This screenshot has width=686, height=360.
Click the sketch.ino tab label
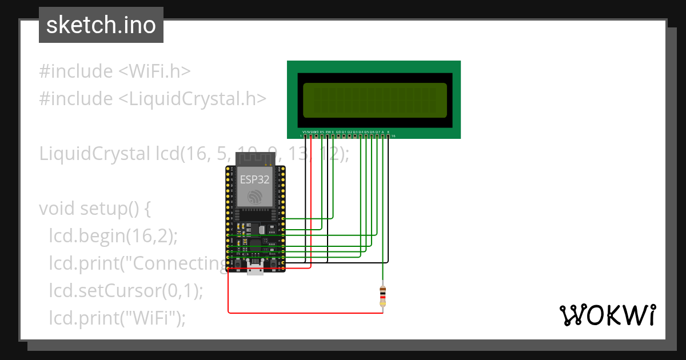[x=101, y=25]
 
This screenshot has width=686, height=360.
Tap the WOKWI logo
[x=607, y=315]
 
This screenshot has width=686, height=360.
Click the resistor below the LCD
[x=382, y=295]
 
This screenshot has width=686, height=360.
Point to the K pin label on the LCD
[x=388, y=132]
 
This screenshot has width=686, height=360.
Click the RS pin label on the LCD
[x=322, y=132]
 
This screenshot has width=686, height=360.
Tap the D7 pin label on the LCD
[x=377, y=132]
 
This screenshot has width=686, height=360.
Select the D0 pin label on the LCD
[x=338, y=132]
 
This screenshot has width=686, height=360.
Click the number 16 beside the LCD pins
[x=393, y=136]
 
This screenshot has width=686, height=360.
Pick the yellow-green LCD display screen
[x=374, y=100]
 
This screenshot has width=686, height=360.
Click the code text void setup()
[x=95, y=209]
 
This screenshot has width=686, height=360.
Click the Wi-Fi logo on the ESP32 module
[x=255, y=198]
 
